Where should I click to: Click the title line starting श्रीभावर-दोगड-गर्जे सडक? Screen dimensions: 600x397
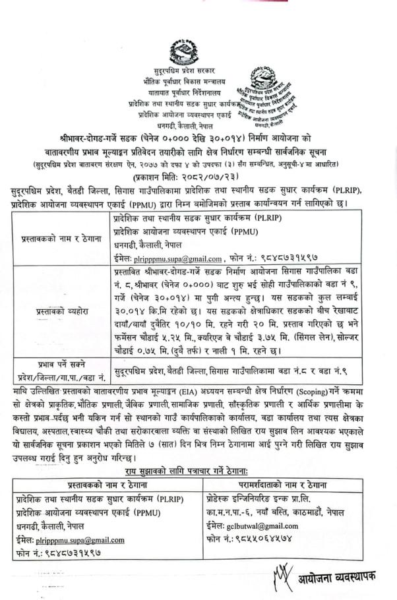click(198, 140)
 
